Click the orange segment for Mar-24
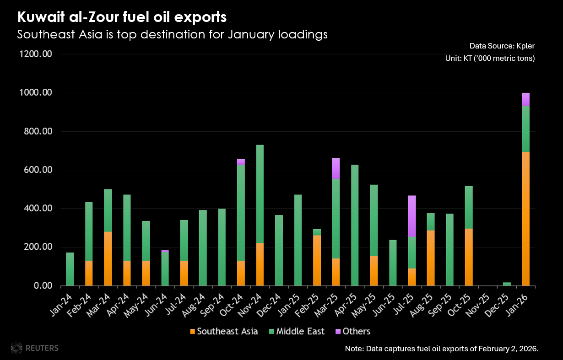108,259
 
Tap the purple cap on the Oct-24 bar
241,161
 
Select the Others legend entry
353,331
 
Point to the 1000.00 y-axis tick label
37,93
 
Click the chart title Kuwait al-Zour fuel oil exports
122,18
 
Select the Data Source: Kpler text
502,46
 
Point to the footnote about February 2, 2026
442,349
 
